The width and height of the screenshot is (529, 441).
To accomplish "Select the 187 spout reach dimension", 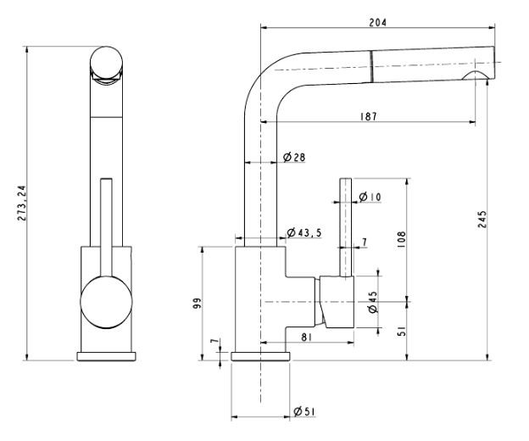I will click(367, 115).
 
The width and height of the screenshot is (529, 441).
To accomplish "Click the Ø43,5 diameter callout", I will click(303, 233).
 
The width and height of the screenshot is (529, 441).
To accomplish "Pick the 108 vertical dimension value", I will click(401, 240).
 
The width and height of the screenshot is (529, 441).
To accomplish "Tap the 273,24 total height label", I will click(23, 204).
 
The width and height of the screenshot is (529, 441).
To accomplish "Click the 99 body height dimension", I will click(197, 304).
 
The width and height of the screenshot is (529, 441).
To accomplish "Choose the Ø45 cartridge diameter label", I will click(372, 303).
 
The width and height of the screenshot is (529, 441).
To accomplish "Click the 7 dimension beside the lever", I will click(364, 243).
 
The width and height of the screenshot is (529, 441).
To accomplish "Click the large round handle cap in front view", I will click(106, 302).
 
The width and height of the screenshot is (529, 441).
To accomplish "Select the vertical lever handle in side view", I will click(346, 225).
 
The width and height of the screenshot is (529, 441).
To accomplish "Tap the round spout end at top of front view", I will click(107, 64).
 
